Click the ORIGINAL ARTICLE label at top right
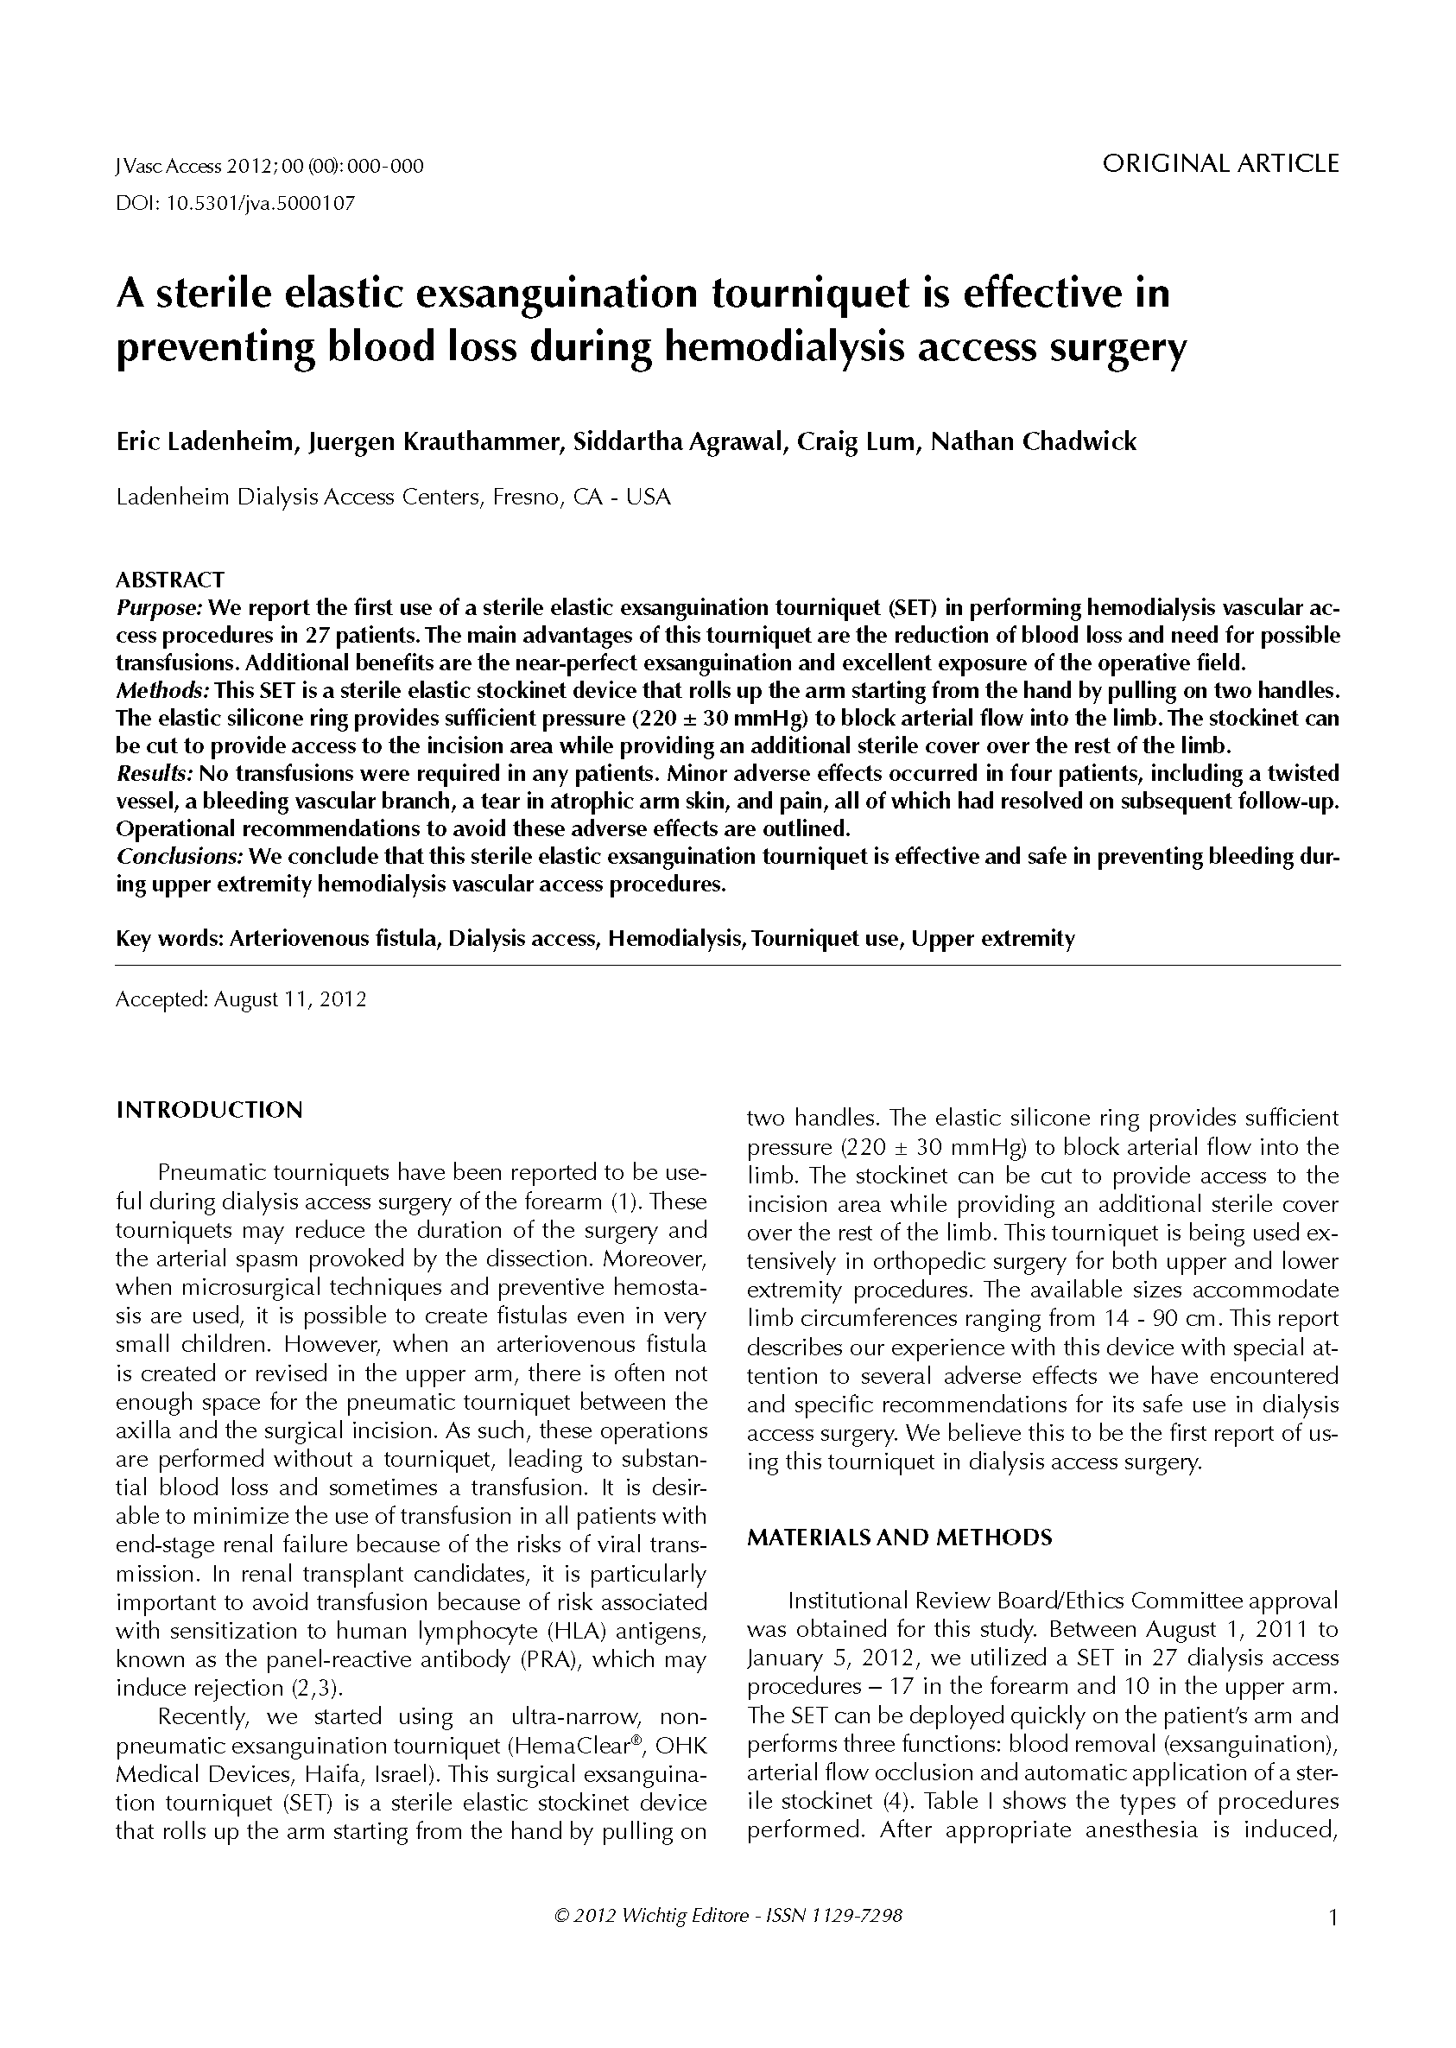click(x=1220, y=164)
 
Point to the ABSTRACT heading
click(x=170, y=580)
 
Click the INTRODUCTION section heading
click(x=210, y=1110)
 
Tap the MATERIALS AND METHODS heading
click(x=899, y=1538)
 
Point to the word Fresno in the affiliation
click(x=522, y=497)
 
